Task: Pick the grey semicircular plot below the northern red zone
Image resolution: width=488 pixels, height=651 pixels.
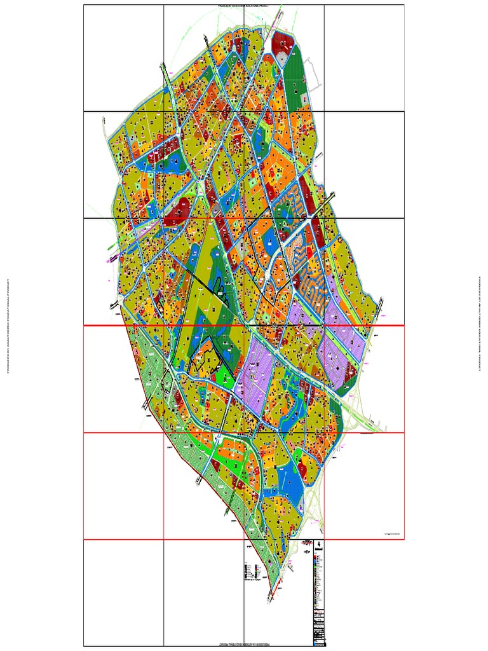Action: (281, 59)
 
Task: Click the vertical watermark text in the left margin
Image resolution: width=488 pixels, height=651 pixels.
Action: (8, 325)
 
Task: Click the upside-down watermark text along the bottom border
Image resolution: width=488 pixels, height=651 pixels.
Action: (244, 645)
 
